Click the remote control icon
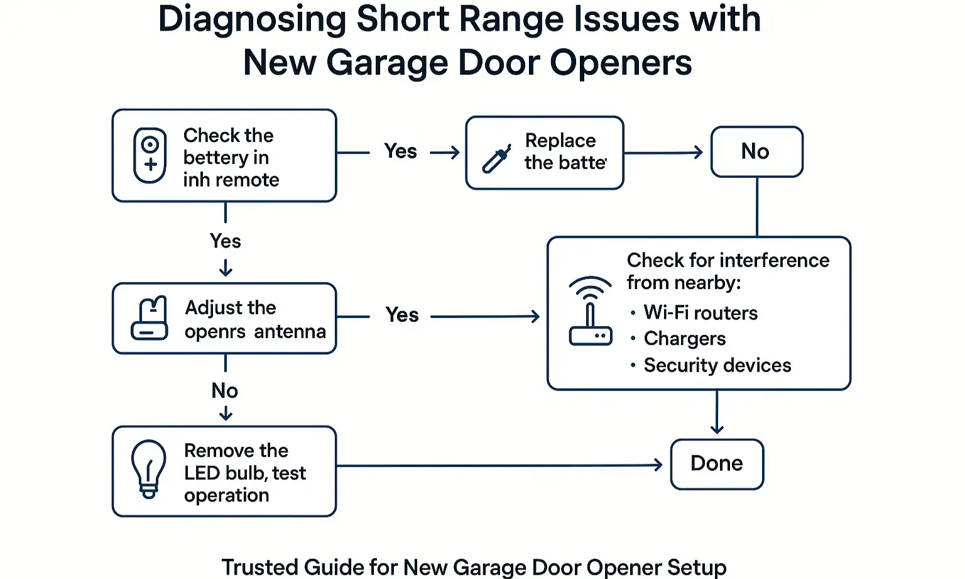tap(150, 155)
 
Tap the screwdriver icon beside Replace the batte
tap(495, 160)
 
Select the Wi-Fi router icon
tap(590, 311)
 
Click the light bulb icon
tap(149, 469)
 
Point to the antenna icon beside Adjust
tap(150, 318)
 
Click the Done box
tap(717, 464)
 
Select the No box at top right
tap(756, 152)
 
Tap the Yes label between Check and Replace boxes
tap(400, 152)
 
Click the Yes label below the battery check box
tap(225, 241)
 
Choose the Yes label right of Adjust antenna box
tap(401, 315)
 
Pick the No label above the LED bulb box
tap(225, 390)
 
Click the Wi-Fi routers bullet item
tap(700, 313)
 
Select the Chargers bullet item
tap(684, 339)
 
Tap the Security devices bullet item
tap(717, 365)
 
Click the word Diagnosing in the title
tap(251, 19)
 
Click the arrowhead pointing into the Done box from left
tap(658, 465)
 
